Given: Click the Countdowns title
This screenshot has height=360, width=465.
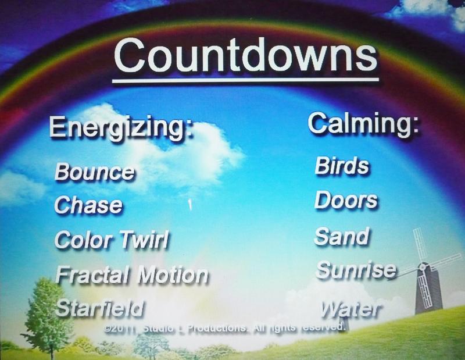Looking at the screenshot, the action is pos(245,55).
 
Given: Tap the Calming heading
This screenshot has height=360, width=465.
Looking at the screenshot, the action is pos(363,124).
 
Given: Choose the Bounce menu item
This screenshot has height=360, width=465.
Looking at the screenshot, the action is pos(94,172).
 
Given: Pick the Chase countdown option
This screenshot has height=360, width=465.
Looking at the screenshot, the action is pos(88,205).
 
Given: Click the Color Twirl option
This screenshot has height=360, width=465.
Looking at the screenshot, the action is pos(112,240).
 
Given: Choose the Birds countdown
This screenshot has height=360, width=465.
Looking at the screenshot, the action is pos(342,166).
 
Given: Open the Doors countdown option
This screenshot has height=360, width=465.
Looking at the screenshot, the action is pos(346,200).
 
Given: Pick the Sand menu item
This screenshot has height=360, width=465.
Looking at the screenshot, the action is pos(342,237).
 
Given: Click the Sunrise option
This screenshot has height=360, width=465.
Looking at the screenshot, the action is pos(356,270).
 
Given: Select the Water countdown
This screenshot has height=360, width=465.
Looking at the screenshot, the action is pos(350,309).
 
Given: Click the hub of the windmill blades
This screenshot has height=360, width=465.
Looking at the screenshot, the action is pos(423,267).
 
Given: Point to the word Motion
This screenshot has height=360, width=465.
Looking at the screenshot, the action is pos(173,276).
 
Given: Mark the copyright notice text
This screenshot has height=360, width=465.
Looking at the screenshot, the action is pos(225,328).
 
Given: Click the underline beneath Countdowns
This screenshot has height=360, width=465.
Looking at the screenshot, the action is pos(245,80).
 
